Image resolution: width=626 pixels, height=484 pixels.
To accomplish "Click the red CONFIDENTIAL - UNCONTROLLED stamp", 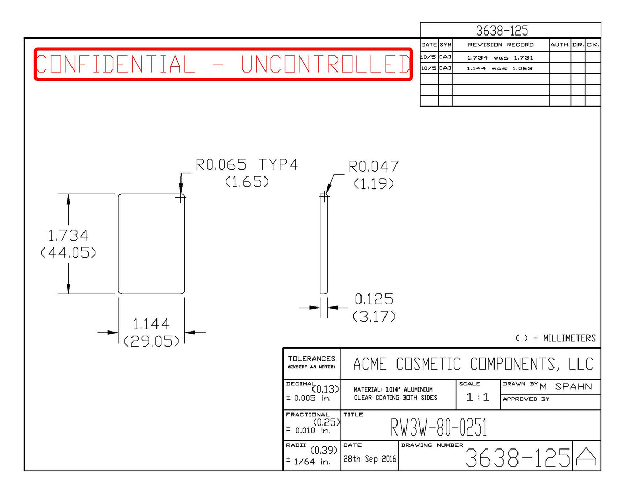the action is click(x=223, y=64).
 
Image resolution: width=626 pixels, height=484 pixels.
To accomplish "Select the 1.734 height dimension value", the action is click(x=68, y=235).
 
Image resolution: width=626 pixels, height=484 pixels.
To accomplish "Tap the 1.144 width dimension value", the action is click(x=151, y=324).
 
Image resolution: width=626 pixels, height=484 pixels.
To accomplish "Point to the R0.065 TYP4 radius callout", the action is click(x=247, y=164).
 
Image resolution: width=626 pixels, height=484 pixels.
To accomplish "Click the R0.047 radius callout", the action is click(x=374, y=167).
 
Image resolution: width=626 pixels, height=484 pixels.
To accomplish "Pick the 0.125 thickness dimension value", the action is click(x=374, y=299).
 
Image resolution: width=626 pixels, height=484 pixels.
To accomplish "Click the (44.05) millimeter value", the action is click(x=68, y=253).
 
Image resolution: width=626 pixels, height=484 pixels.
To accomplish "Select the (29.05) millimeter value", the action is click(x=151, y=341).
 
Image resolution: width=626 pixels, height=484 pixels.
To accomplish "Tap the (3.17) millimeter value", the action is click(x=374, y=316).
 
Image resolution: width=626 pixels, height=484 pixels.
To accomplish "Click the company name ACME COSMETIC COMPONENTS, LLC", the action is click(x=473, y=364).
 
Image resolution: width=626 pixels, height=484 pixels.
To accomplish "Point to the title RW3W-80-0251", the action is click(x=439, y=427).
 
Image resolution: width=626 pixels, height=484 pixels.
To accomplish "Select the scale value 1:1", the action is click(x=478, y=397).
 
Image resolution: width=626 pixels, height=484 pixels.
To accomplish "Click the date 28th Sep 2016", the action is click(x=370, y=459).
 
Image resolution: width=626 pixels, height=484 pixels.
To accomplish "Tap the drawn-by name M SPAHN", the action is click(x=566, y=386).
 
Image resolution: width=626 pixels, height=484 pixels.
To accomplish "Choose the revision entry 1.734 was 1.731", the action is click(x=500, y=57).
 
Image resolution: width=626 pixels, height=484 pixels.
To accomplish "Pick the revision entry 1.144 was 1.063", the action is click(x=500, y=68).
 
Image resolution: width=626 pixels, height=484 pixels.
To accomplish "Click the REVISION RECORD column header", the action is click(x=501, y=45).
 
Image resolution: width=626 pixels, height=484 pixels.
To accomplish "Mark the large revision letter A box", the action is click(x=586, y=456).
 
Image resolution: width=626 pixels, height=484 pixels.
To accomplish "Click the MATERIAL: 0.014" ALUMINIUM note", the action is click(x=393, y=389).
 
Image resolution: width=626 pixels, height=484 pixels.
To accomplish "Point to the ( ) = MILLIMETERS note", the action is click(x=556, y=338).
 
